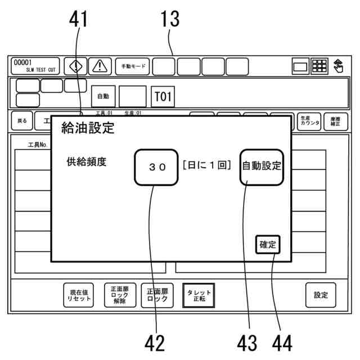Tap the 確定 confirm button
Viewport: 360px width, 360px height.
click(268, 245)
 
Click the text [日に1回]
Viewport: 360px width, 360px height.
click(207, 166)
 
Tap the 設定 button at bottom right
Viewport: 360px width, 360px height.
click(321, 295)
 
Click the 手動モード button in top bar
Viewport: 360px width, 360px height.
click(132, 66)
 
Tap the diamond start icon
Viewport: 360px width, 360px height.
click(75, 66)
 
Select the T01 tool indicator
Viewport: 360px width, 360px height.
click(162, 97)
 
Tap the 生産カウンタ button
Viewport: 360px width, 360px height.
click(309, 121)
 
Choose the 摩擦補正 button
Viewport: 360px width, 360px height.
click(335, 121)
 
